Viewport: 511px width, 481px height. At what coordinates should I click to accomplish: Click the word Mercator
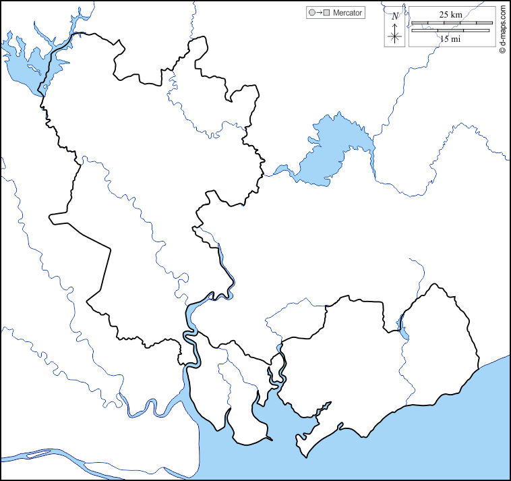(x=347, y=13)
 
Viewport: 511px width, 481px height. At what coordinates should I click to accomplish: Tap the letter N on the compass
(x=395, y=16)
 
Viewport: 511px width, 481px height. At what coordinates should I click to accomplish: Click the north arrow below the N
(x=395, y=33)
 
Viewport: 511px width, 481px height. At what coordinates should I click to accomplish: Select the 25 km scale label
(x=450, y=14)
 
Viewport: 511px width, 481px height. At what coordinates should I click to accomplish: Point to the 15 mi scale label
(x=450, y=39)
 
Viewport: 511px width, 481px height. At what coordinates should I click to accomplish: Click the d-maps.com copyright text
(x=503, y=30)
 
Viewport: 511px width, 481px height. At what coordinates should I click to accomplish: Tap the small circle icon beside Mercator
(x=311, y=13)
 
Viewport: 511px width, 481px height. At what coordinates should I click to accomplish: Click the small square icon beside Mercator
(x=326, y=13)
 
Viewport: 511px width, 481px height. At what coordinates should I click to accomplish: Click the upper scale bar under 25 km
(x=452, y=23)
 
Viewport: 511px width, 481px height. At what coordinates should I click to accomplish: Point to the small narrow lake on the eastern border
(x=403, y=329)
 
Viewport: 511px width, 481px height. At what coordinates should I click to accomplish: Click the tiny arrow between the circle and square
(x=318, y=13)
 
